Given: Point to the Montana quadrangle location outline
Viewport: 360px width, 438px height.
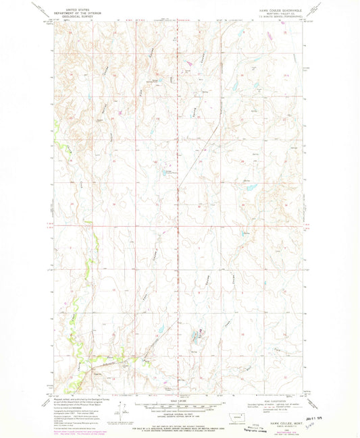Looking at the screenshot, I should coord(242,412).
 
